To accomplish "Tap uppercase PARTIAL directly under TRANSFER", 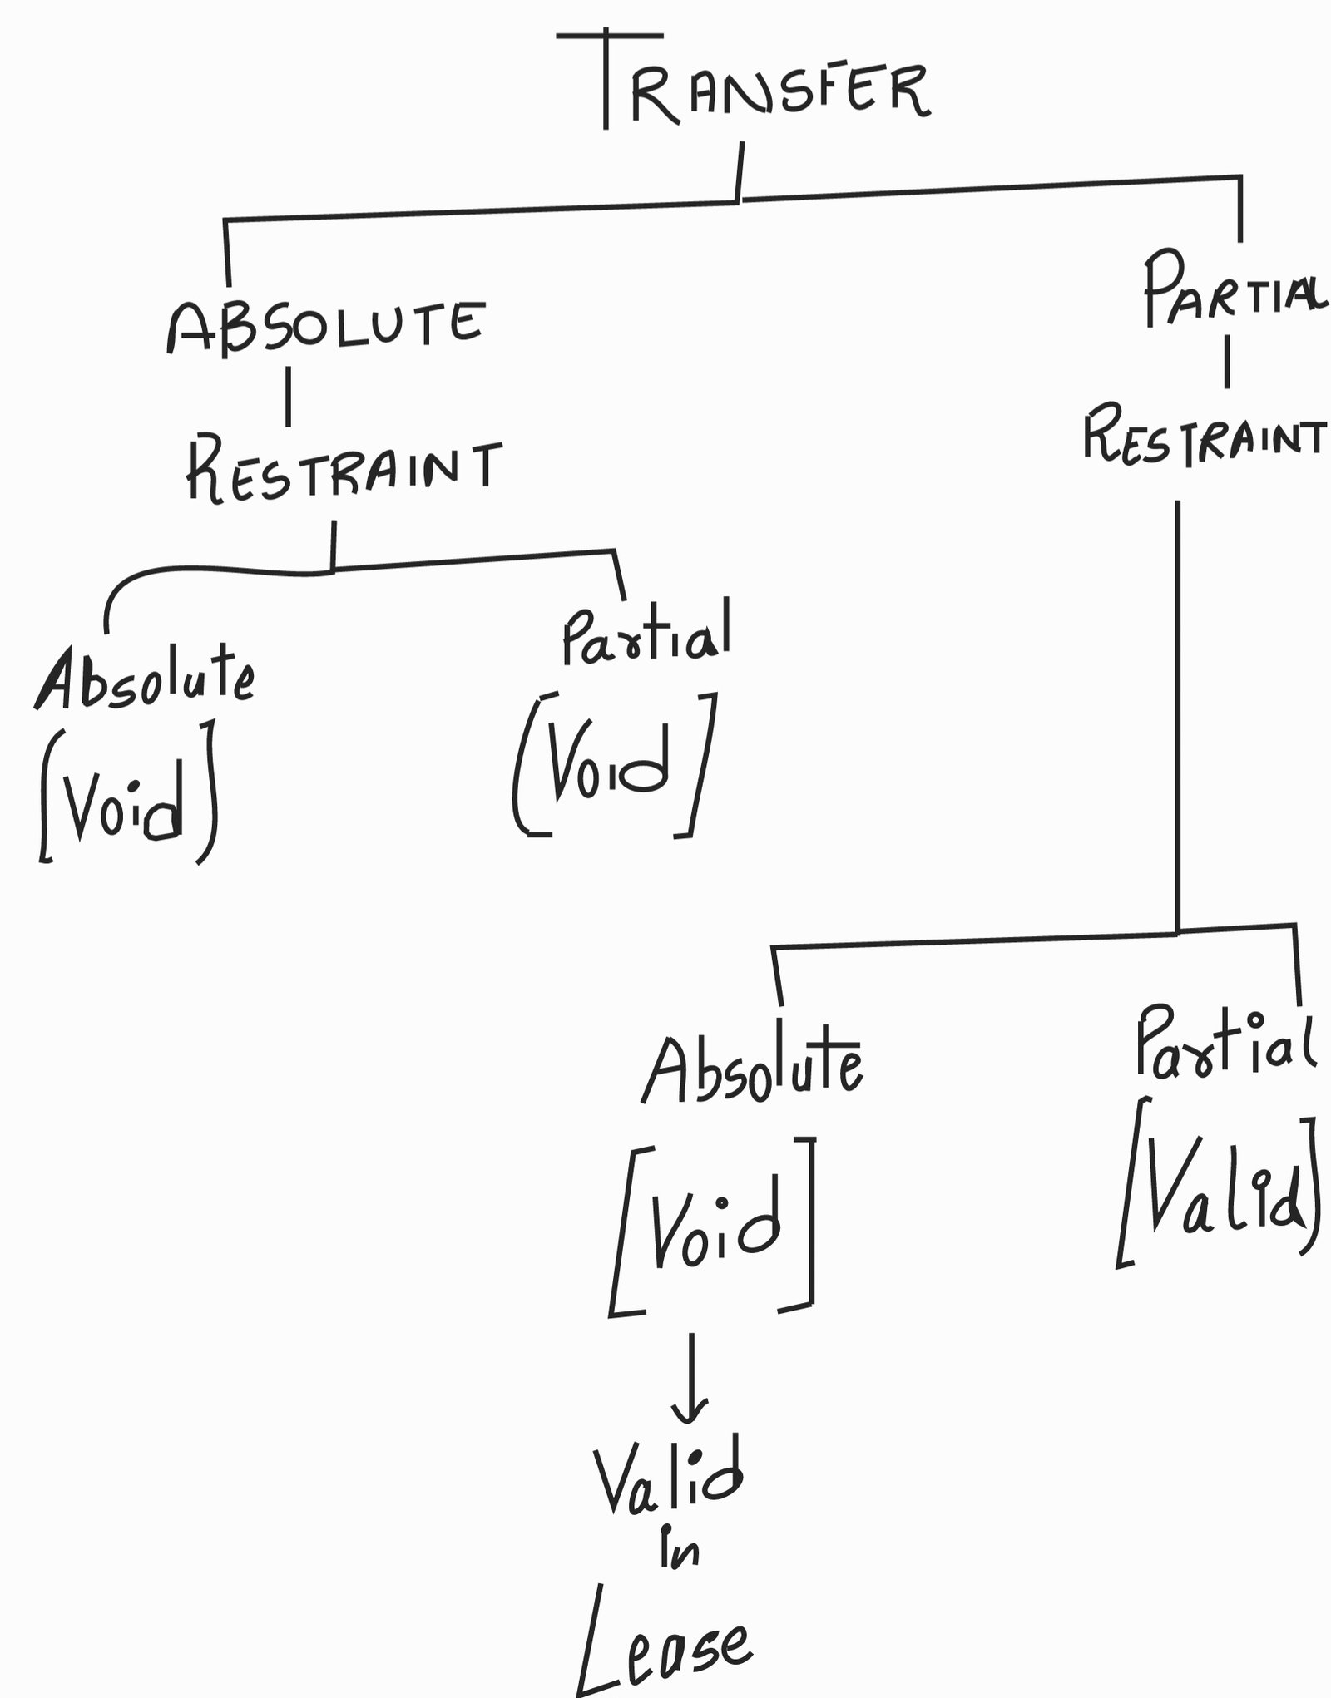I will (x=1233, y=291).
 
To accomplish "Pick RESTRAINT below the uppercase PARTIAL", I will (x=1203, y=435).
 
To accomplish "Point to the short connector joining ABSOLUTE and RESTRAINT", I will (x=288, y=397).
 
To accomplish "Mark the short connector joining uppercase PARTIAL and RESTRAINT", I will (x=1226, y=367).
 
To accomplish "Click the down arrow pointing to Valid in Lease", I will (x=691, y=1380).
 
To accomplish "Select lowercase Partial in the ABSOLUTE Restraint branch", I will (x=646, y=636).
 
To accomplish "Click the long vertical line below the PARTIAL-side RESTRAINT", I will (x=1177, y=715).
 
